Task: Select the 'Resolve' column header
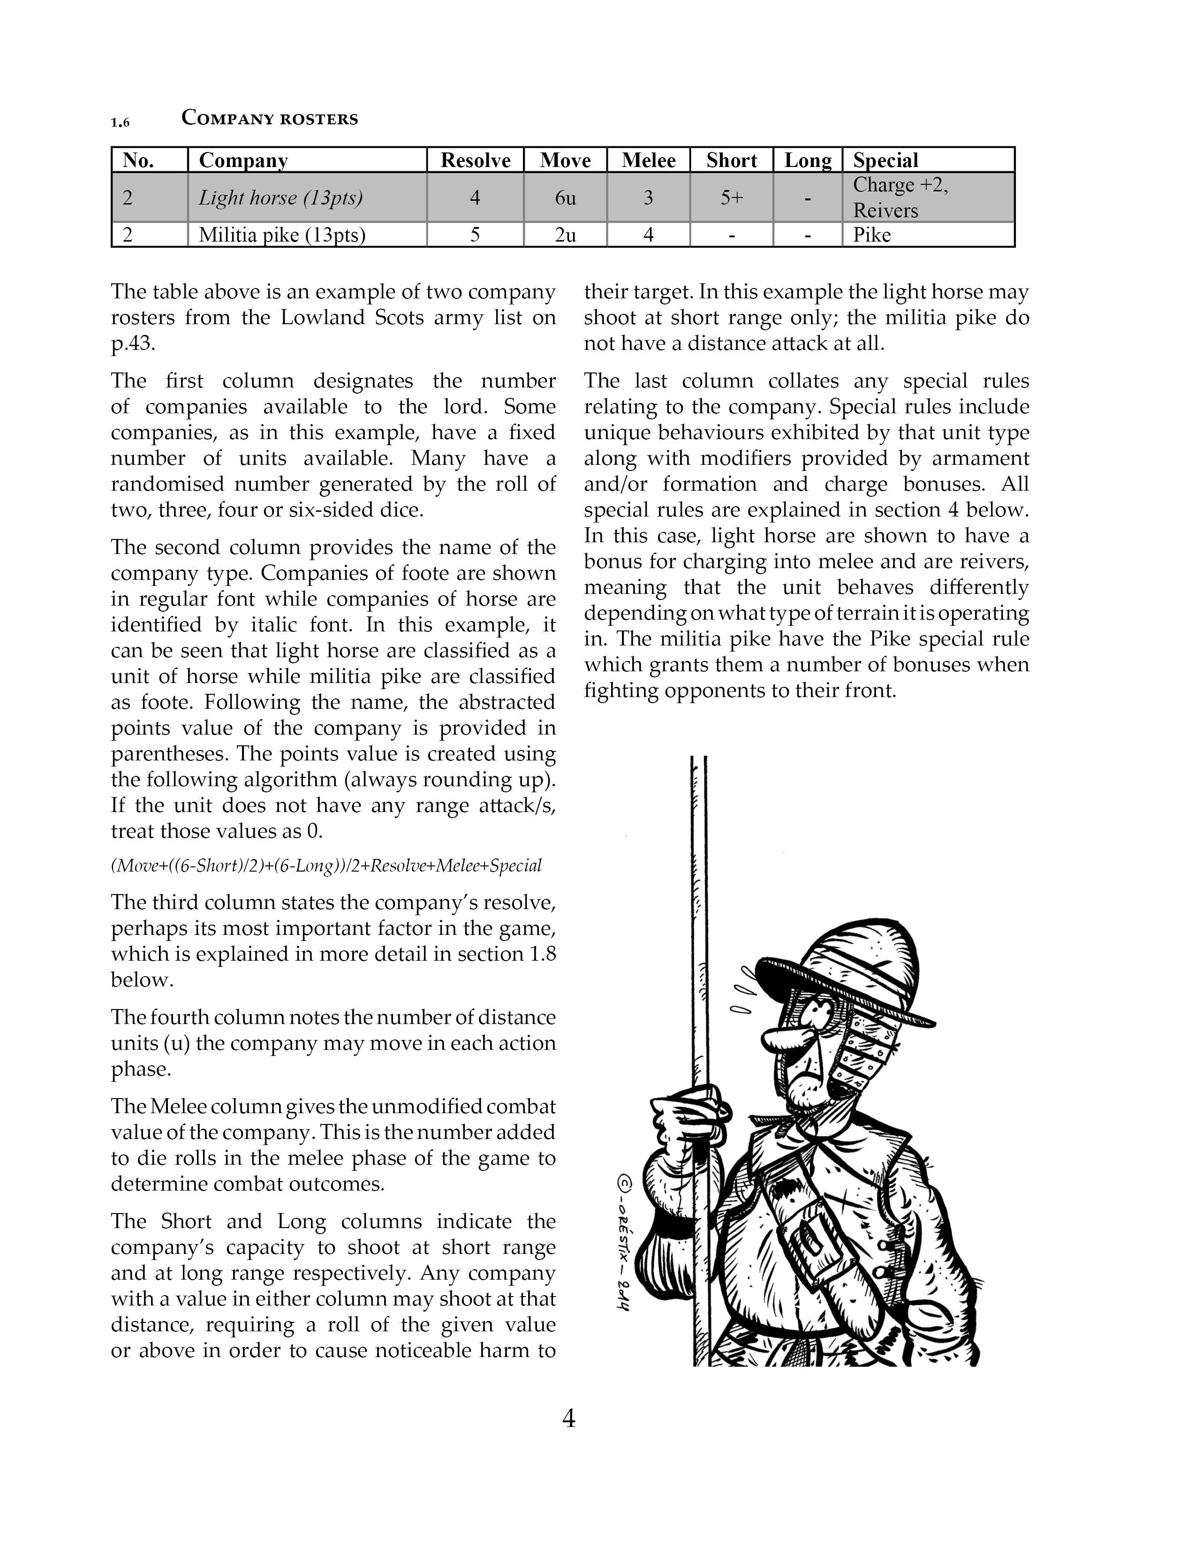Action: pyautogui.click(x=476, y=160)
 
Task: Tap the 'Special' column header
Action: pyautogui.click(x=885, y=160)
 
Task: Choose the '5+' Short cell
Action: pyautogui.click(x=731, y=198)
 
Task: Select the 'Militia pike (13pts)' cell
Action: pyautogui.click(x=282, y=235)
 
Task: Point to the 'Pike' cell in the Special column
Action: pyautogui.click(x=871, y=235)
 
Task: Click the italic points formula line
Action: pyautogui.click(x=326, y=865)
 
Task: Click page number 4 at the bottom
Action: pyautogui.click(x=568, y=1418)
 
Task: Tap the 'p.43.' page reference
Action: pyautogui.click(x=132, y=343)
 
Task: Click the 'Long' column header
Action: pyautogui.click(x=808, y=160)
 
